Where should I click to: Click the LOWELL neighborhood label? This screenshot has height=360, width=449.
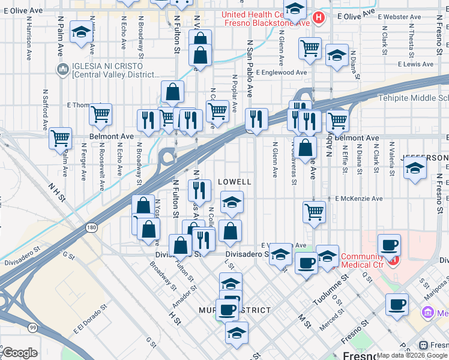click(234, 181)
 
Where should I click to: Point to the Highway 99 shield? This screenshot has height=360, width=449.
click(33, 327)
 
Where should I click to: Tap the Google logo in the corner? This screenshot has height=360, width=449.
click(19, 353)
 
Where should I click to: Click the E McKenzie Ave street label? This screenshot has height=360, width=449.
click(358, 199)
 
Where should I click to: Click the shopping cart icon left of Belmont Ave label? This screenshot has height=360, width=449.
click(60, 138)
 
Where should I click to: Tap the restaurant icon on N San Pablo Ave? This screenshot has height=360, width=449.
click(257, 119)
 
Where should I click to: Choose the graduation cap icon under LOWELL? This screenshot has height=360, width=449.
click(232, 202)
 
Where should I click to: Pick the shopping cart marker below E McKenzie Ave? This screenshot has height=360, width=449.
click(315, 212)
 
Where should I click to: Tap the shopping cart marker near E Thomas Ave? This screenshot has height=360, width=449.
click(100, 113)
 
